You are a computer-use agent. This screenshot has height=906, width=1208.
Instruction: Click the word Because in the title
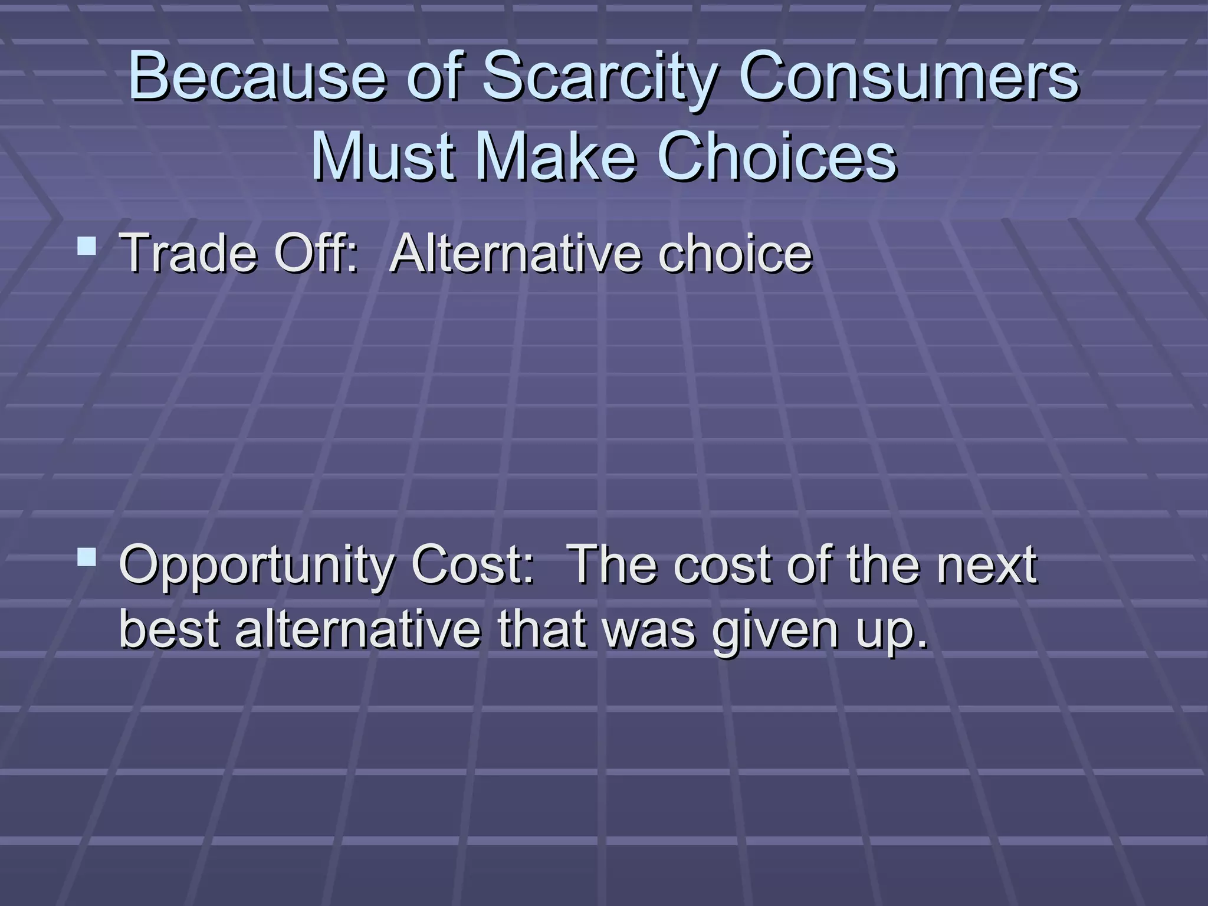(x=257, y=77)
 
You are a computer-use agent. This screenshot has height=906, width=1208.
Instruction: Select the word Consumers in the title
(x=908, y=77)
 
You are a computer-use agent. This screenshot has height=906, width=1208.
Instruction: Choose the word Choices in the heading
(x=777, y=157)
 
